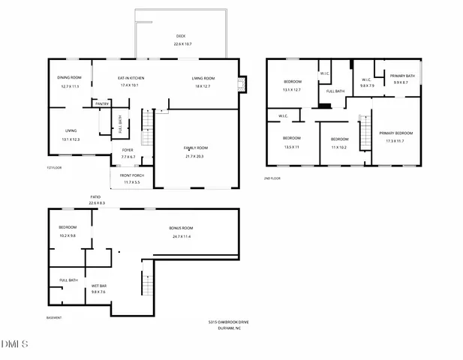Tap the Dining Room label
tap(69, 78)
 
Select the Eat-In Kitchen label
tap(131, 78)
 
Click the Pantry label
tap(102, 103)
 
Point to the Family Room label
tap(196, 148)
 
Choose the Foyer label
tap(128, 150)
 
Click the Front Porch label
tap(131, 175)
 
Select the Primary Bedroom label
tap(399, 133)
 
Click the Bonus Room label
tap(181, 227)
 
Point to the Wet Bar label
tap(99, 286)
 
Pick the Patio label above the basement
tap(96, 196)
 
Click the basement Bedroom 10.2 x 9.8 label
tap(69, 227)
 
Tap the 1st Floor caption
tap(53, 167)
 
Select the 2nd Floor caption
tap(272, 178)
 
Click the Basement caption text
tap(53, 317)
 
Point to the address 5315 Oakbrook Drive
tap(228, 322)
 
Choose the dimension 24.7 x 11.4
tap(181, 236)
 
